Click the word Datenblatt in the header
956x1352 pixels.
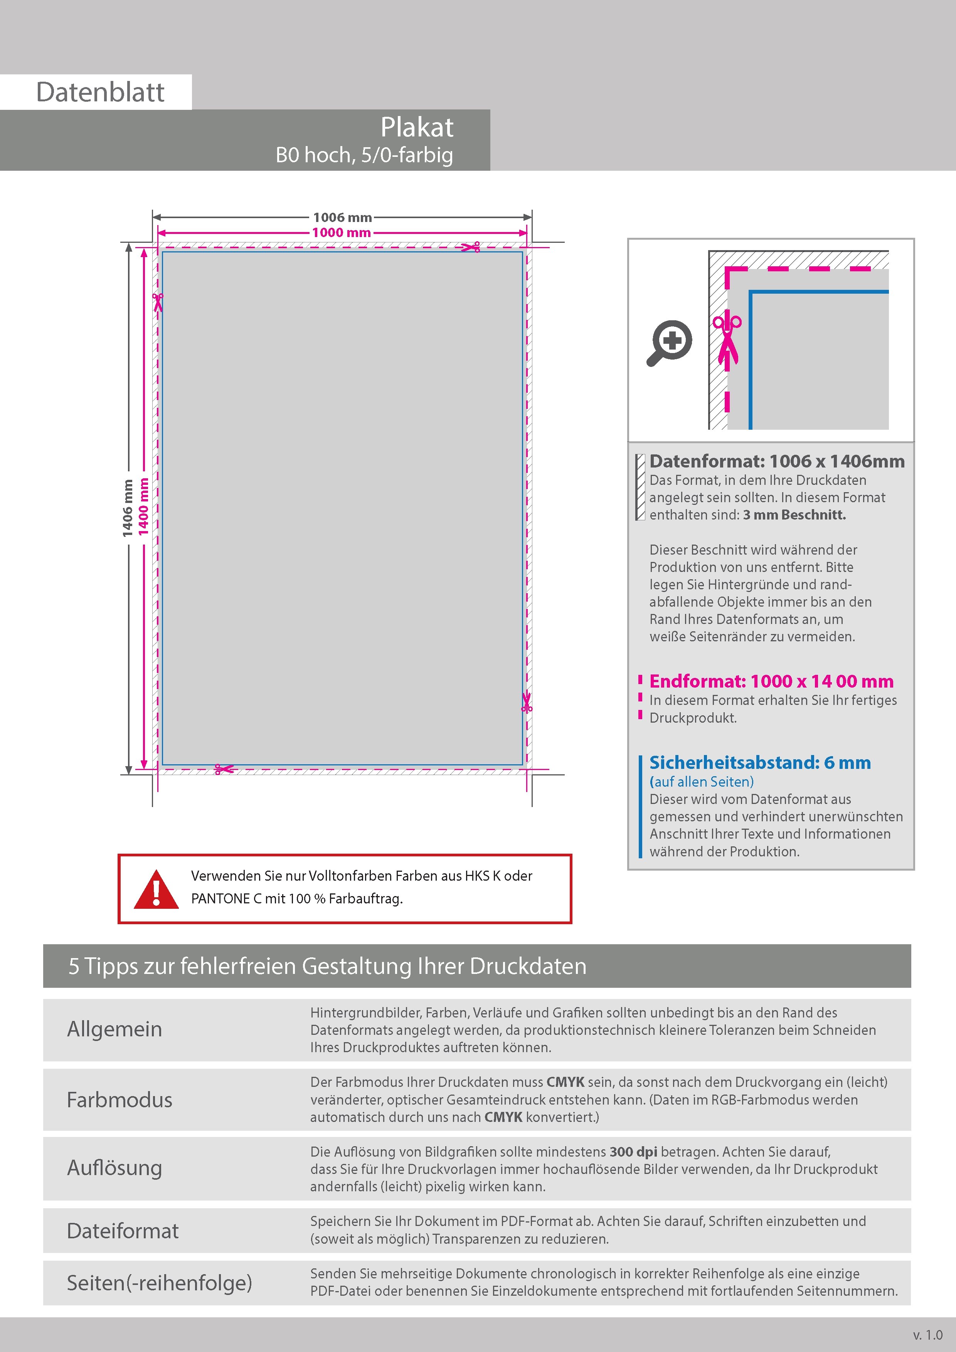pos(100,92)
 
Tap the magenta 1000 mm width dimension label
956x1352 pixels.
pos(342,233)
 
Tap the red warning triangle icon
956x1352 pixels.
pos(156,890)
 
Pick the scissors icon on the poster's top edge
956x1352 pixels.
pos(471,247)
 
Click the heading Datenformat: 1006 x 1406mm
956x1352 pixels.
pos(776,461)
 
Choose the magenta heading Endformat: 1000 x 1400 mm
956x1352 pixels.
pos(771,681)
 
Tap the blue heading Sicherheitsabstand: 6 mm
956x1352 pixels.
pos(760,763)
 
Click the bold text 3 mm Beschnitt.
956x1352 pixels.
pos(794,515)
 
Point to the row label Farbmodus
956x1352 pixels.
pos(119,1100)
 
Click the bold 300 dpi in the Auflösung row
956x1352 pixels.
pos(633,1152)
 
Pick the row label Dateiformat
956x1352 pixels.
pos(123,1231)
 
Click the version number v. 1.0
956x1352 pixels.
pos(928,1334)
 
